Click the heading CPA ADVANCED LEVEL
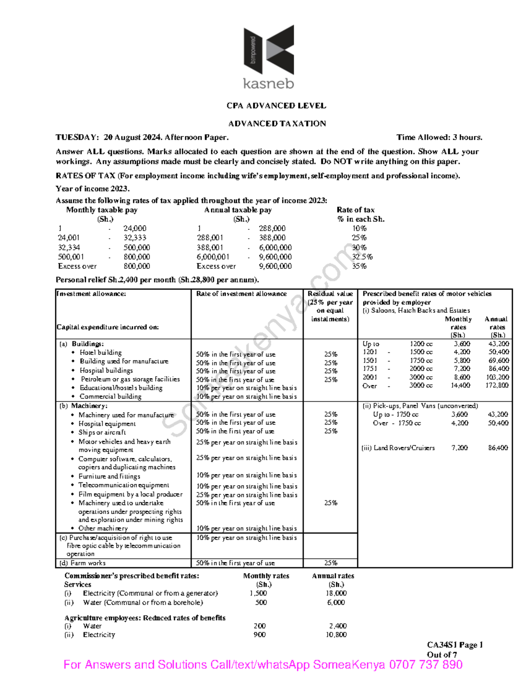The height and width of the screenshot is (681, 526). click(276, 106)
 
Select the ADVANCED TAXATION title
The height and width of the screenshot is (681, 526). click(277, 124)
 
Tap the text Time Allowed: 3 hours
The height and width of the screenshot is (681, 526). click(439, 138)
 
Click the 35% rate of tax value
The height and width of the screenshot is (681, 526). click(359, 266)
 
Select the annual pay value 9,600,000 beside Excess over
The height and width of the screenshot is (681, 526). click(275, 266)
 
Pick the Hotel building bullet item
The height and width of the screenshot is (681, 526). click(100, 353)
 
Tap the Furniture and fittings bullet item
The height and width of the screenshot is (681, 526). click(109, 476)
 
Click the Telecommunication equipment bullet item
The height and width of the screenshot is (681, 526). click(124, 485)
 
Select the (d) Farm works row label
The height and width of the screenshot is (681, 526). click(82, 563)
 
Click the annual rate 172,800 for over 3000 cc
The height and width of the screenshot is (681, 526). click(497, 385)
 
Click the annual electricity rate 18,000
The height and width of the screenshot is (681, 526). click(336, 593)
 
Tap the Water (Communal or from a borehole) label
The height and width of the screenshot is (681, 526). click(142, 603)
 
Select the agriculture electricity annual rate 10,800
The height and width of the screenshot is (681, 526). click(336, 635)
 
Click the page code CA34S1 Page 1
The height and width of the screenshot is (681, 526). click(455, 645)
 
